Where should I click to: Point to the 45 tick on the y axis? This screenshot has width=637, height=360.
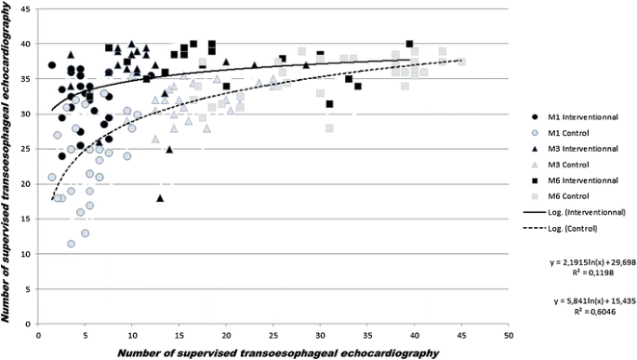pos(29,9)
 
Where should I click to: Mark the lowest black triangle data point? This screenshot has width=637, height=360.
pos(160,197)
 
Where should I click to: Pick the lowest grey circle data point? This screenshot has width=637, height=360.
pos(71,244)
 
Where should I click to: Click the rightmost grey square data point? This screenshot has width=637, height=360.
pos(461,61)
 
